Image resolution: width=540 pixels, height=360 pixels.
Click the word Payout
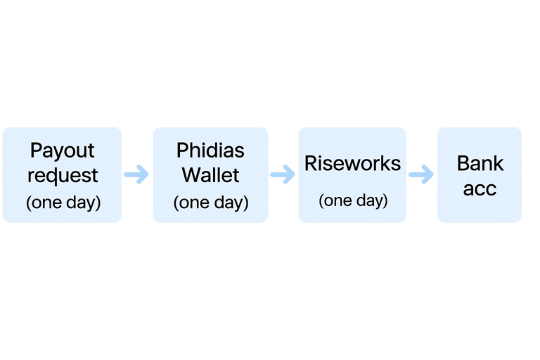tap(62, 151)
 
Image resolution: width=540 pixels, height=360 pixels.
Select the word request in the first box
tap(62, 175)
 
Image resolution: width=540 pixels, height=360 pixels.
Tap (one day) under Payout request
tap(63, 202)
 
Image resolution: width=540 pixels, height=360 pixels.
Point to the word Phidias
tap(210, 150)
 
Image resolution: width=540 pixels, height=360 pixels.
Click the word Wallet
tap(210, 175)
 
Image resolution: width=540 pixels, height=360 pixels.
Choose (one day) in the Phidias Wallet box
tap(210, 202)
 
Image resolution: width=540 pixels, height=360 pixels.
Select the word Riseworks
tap(352, 163)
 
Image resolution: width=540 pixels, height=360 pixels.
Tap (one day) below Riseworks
tap(352, 200)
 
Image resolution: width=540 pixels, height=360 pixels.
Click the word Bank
tap(480, 163)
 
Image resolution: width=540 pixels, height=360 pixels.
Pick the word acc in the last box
tap(480, 188)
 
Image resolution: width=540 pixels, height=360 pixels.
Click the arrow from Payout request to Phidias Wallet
tap(136, 174)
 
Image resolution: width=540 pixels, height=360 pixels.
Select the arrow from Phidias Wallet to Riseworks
tap(283, 174)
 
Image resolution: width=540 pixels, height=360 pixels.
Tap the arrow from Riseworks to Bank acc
tap(421, 174)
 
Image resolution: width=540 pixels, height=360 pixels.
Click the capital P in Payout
tap(35, 151)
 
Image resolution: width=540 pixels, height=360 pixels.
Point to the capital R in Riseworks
tap(310, 163)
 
